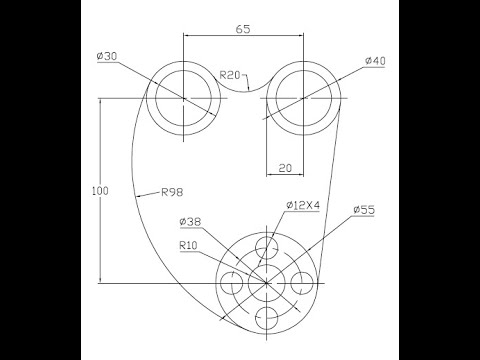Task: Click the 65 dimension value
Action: [243, 29]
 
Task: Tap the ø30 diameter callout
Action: [107, 56]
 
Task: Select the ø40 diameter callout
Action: [375, 61]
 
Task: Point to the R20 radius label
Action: [230, 75]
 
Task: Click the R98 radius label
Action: [172, 192]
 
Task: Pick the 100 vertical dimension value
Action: [100, 191]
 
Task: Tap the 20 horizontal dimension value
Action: [285, 168]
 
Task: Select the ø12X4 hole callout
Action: [303, 205]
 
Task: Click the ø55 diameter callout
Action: [364, 210]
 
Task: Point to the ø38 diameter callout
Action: [190, 222]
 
